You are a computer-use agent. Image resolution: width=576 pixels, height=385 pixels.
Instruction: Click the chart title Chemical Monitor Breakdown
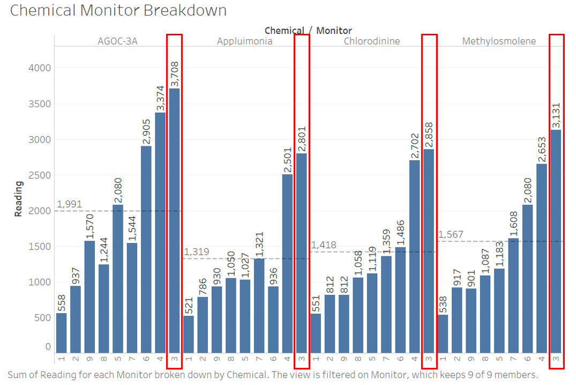pos(118,11)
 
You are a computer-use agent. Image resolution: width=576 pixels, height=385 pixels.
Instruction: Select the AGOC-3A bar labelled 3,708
pos(175,220)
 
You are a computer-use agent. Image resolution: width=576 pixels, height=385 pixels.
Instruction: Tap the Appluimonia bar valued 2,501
pos(288,263)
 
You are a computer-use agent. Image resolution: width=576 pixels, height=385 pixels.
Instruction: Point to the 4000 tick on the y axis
pos(40,68)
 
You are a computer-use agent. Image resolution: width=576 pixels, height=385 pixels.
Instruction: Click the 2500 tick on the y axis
pos(40,175)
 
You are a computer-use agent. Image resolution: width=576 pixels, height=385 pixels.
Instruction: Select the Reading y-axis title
pos(19,199)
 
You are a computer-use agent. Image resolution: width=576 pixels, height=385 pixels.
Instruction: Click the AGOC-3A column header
pos(117,41)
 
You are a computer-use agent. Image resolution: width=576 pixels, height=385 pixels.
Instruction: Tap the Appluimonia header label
pos(244,41)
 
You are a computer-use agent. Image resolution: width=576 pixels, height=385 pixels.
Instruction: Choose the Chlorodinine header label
pos(372,41)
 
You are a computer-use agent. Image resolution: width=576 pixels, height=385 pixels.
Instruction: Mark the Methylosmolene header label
pos(499,41)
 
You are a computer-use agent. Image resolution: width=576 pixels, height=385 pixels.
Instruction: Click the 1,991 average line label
pos(69,204)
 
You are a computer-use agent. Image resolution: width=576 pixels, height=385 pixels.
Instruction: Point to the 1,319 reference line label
pos(196,252)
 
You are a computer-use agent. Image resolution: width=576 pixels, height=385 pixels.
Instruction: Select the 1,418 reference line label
pos(324,245)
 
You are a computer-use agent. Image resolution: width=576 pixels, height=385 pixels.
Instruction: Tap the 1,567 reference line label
pos(451,235)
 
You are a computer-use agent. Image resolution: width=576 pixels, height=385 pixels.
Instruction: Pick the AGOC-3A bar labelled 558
pos(62,332)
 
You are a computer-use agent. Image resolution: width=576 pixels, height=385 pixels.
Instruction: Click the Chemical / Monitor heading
pos(308,31)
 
